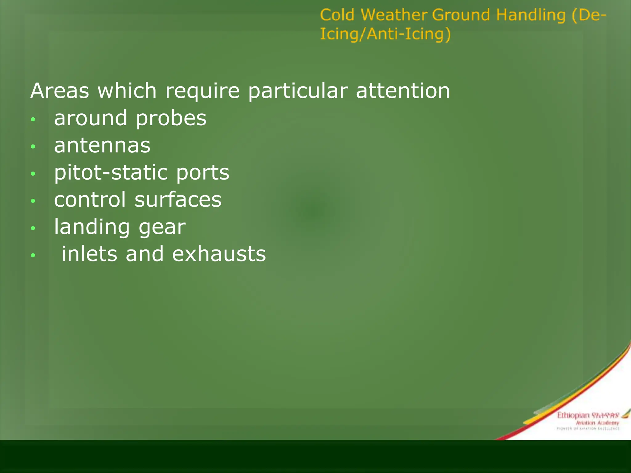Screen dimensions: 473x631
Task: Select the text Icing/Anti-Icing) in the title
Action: coord(385,34)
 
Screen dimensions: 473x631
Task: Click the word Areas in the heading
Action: coord(59,91)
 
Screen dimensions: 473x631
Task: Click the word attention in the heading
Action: coord(403,91)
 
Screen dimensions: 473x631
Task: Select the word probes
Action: coord(171,119)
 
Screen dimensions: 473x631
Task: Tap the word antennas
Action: coord(102,145)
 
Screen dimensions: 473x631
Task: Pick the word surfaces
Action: coord(178,200)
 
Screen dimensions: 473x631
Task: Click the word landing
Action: coord(92,227)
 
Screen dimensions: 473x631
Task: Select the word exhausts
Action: coord(219,254)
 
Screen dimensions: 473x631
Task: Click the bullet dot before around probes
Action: coord(33,119)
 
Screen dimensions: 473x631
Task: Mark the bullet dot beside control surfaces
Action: coord(33,201)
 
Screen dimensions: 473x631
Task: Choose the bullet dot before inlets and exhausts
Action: coord(33,255)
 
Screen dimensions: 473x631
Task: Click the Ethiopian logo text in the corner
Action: coord(572,415)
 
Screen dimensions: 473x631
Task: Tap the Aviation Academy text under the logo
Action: coord(597,423)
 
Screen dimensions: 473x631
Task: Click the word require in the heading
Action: coord(202,91)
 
